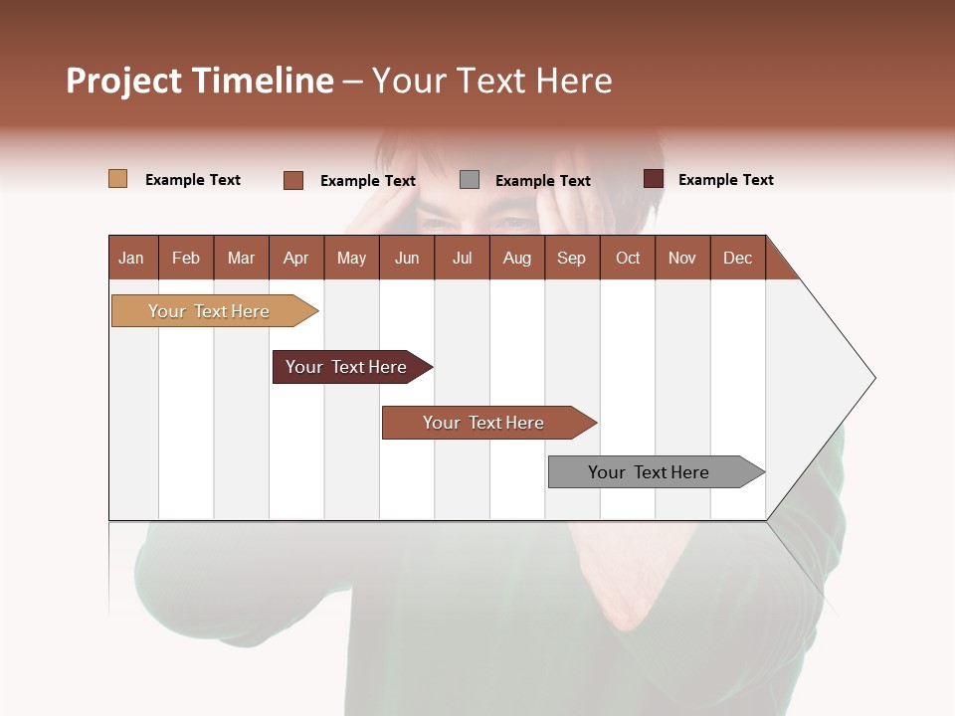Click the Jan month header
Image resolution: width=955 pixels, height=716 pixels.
pyautogui.click(x=131, y=258)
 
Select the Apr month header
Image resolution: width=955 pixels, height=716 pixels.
pyautogui.click(x=295, y=258)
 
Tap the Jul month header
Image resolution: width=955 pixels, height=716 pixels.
pyautogui.click(x=462, y=258)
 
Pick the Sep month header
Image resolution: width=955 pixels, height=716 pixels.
pyautogui.click(x=571, y=258)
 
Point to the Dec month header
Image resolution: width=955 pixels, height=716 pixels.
pyautogui.click(x=737, y=258)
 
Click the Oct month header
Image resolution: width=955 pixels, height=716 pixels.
pyautogui.click(x=627, y=258)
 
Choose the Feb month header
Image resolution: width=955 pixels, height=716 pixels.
pyautogui.click(x=186, y=258)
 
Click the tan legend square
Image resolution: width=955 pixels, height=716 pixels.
pyautogui.click(x=117, y=179)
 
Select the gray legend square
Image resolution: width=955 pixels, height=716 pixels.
pyautogui.click(x=470, y=179)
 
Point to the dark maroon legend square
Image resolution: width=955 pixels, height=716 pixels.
pyautogui.click(x=653, y=179)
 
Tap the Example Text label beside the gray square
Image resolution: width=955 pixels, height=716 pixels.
pyautogui.click(x=542, y=180)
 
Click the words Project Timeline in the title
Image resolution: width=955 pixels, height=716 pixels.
pyautogui.click(x=199, y=81)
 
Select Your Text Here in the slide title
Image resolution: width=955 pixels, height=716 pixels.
pyautogui.click(x=491, y=81)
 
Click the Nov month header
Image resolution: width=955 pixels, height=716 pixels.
pyautogui.click(x=681, y=258)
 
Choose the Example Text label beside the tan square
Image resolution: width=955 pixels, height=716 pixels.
pyautogui.click(x=192, y=179)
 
